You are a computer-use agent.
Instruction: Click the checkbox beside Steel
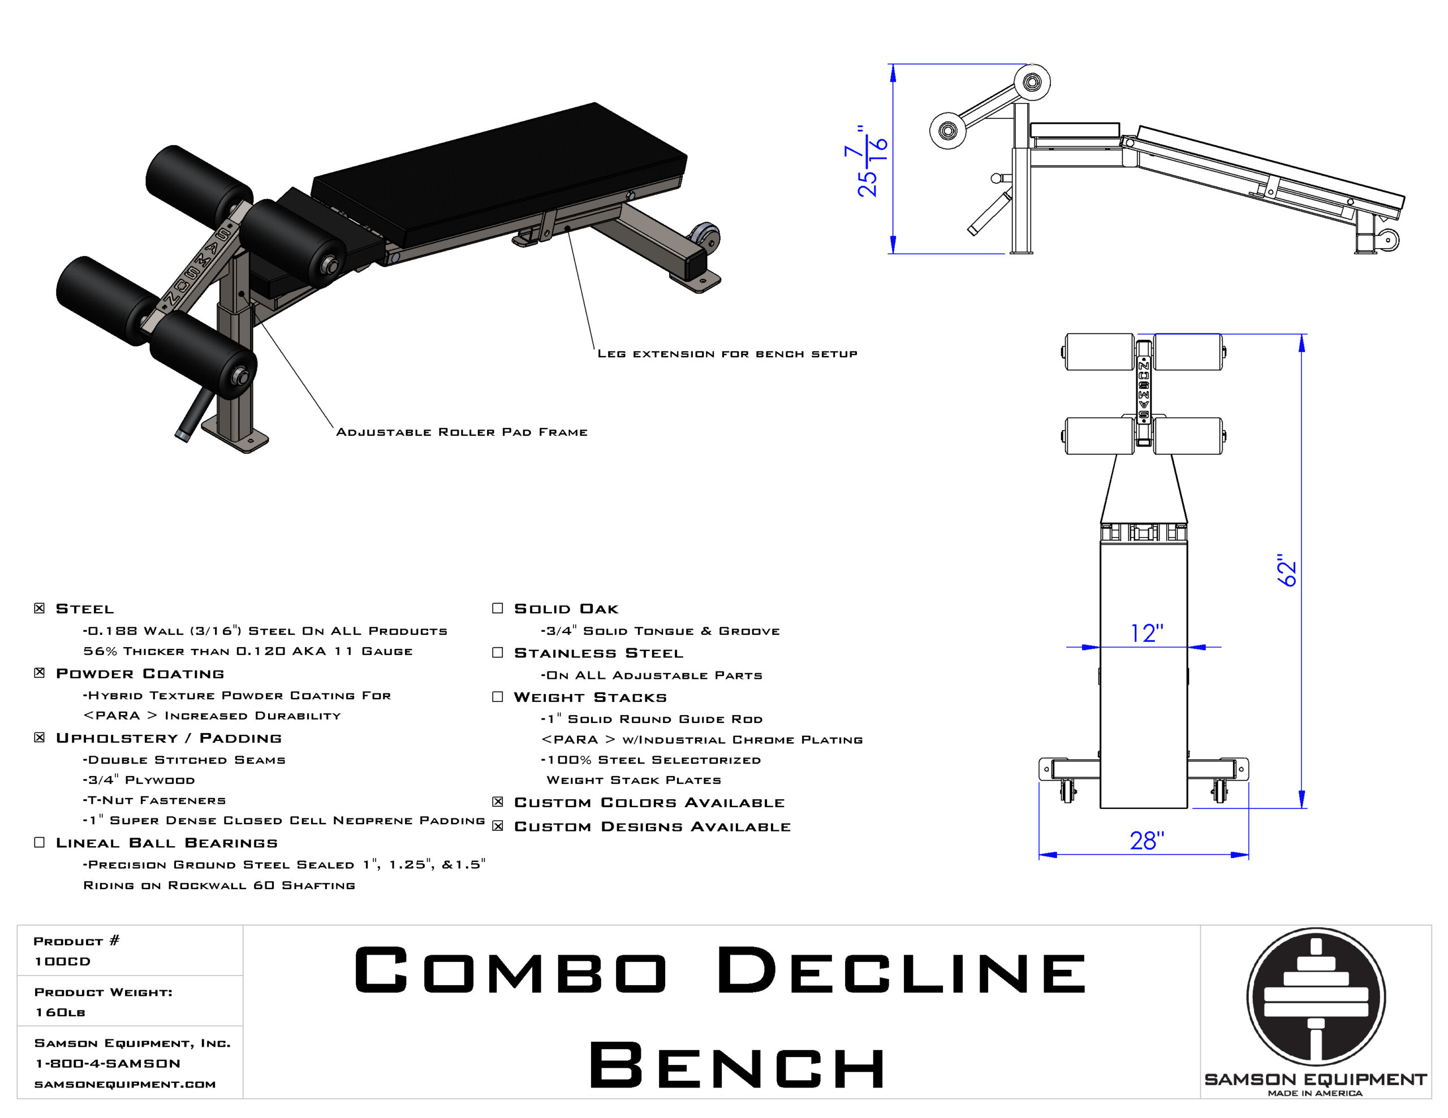pyautogui.click(x=39, y=608)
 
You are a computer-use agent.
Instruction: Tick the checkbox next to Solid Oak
pyautogui.click(x=498, y=608)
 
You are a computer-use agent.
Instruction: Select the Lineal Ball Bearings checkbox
pyautogui.click(x=39, y=842)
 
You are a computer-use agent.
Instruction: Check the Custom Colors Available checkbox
pyautogui.click(x=498, y=802)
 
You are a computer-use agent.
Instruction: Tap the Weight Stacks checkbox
pyautogui.click(x=498, y=696)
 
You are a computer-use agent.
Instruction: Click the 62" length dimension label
pyautogui.click(x=1286, y=570)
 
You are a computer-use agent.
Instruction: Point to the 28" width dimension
pyautogui.click(x=1147, y=841)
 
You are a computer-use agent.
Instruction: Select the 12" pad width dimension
pyautogui.click(x=1147, y=633)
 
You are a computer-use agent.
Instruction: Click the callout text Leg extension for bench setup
pyautogui.click(x=727, y=354)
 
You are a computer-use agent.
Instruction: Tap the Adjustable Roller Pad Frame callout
pyautogui.click(x=462, y=432)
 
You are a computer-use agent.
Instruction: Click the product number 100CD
pyautogui.click(x=62, y=961)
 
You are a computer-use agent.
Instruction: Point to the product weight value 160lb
pyautogui.click(x=61, y=1012)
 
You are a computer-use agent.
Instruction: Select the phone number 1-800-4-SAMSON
pyautogui.click(x=107, y=1063)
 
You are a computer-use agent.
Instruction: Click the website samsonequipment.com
pyautogui.click(x=124, y=1084)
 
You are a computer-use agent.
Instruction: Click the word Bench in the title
pyautogui.click(x=737, y=1065)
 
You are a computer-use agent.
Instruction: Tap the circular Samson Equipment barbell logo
pyautogui.click(x=1316, y=996)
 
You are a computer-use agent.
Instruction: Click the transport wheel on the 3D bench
pyautogui.click(x=704, y=237)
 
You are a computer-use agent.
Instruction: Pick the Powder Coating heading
pyautogui.click(x=140, y=673)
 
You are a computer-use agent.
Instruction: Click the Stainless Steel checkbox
pyautogui.click(x=498, y=653)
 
